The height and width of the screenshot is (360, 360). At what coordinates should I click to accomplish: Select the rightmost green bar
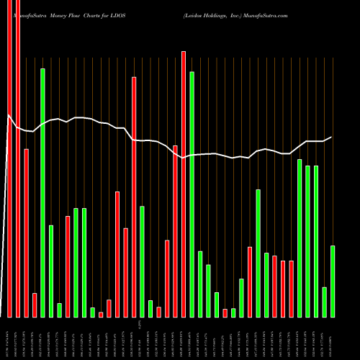tap(333, 281)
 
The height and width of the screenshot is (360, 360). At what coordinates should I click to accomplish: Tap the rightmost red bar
tap(292, 288)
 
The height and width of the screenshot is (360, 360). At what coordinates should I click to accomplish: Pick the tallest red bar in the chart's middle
tap(184, 184)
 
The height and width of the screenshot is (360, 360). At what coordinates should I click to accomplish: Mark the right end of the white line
tap(332, 137)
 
